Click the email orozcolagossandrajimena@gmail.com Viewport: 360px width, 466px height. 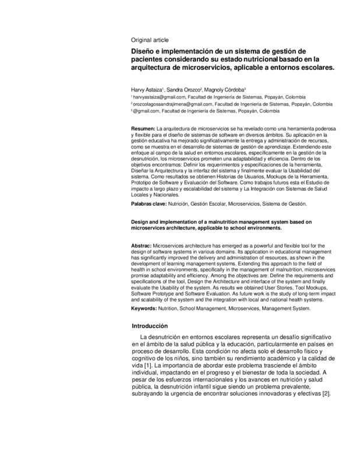pyautogui.click(x=170, y=103)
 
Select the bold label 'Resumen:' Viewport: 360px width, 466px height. pyautogui.click(x=143, y=128)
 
